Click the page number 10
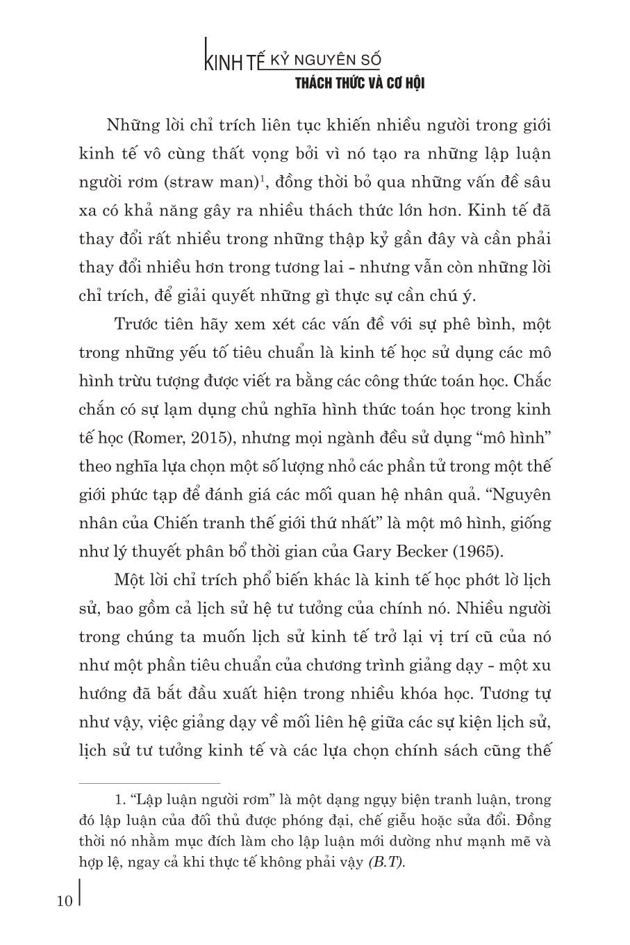pos(64,901)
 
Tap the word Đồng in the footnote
pos(532,821)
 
